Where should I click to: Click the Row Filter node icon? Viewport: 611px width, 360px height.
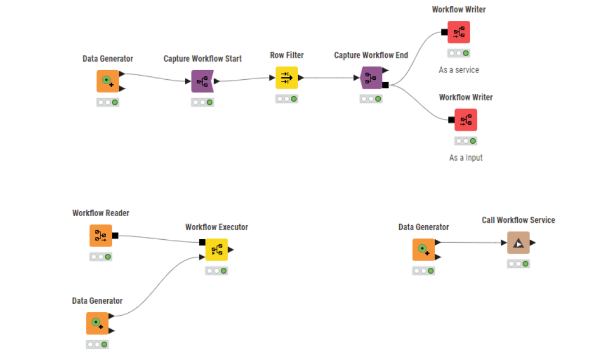(x=286, y=78)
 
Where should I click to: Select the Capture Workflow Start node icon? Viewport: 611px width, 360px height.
(x=202, y=81)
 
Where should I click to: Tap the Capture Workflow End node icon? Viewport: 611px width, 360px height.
(x=371, y=78)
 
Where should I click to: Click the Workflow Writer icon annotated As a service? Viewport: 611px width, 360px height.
(x=459, y=32)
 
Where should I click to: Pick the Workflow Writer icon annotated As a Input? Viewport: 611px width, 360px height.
(x=466, y=120)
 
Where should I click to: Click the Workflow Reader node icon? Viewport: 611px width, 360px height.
(x=101, y=235)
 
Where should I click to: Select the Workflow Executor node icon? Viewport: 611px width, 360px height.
(x=216, y=249)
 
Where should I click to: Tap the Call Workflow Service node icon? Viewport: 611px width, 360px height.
(x=518, y=243)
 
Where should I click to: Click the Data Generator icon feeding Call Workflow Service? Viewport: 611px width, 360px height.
(x=423, y=249)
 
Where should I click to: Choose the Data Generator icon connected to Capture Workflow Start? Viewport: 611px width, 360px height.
(x=108, y=81)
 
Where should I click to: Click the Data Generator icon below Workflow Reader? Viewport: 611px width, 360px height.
(x=97, y=323)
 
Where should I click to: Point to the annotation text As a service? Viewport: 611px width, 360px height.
(x=459, y=70)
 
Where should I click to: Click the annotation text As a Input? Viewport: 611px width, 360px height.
(x=466, y=158)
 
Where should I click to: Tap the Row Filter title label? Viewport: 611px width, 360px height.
(x=286, y=55)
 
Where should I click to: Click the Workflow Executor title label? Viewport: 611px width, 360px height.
(x=216, y=227)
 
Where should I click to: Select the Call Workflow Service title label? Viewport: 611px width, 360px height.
(x=518, y=220)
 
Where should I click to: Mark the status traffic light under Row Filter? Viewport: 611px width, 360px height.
(x=286, y=99)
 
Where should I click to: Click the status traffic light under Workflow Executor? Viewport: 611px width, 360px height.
(x=216, y=271)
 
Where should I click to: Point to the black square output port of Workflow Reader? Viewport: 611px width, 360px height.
(x=115, y=235)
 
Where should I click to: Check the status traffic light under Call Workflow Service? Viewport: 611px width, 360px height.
(x=518, y=264)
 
